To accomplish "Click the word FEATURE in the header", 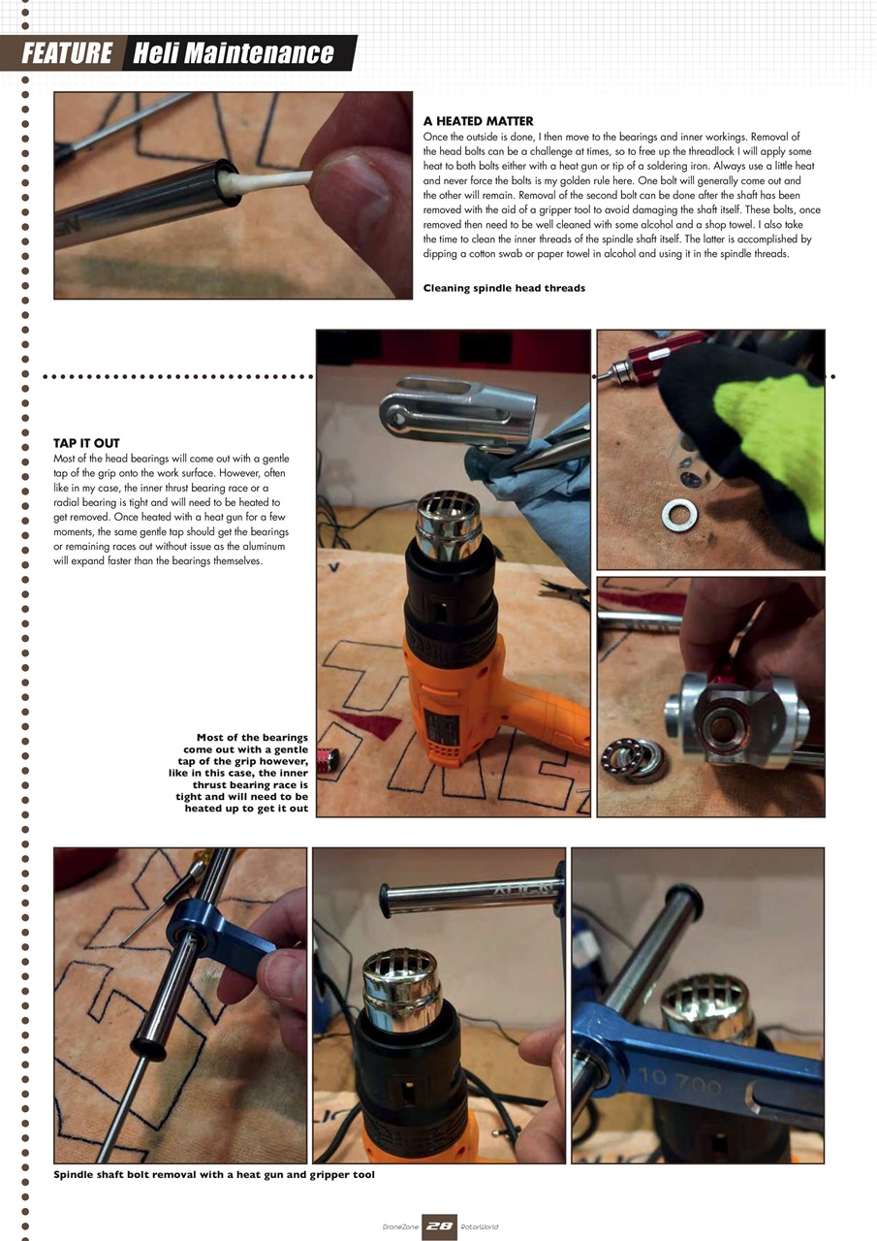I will click(x=67, y=52).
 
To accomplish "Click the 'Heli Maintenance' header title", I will click(x=233, y=52).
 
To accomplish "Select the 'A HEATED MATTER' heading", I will click(x=478, y=121).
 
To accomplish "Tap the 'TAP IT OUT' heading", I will click(x=86, y=443).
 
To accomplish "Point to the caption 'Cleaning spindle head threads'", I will click(x=504, y=288).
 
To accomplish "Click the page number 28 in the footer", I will click(x=439, y=1226).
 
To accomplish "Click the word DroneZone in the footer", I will click(x=399, y=1227).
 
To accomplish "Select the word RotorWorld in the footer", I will click(x=480, y=1227).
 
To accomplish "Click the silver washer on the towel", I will click(x=678, y=514).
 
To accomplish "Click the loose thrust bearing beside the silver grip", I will click(x=636, y=759).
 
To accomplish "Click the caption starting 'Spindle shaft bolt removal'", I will click(x=214, y=1174).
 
